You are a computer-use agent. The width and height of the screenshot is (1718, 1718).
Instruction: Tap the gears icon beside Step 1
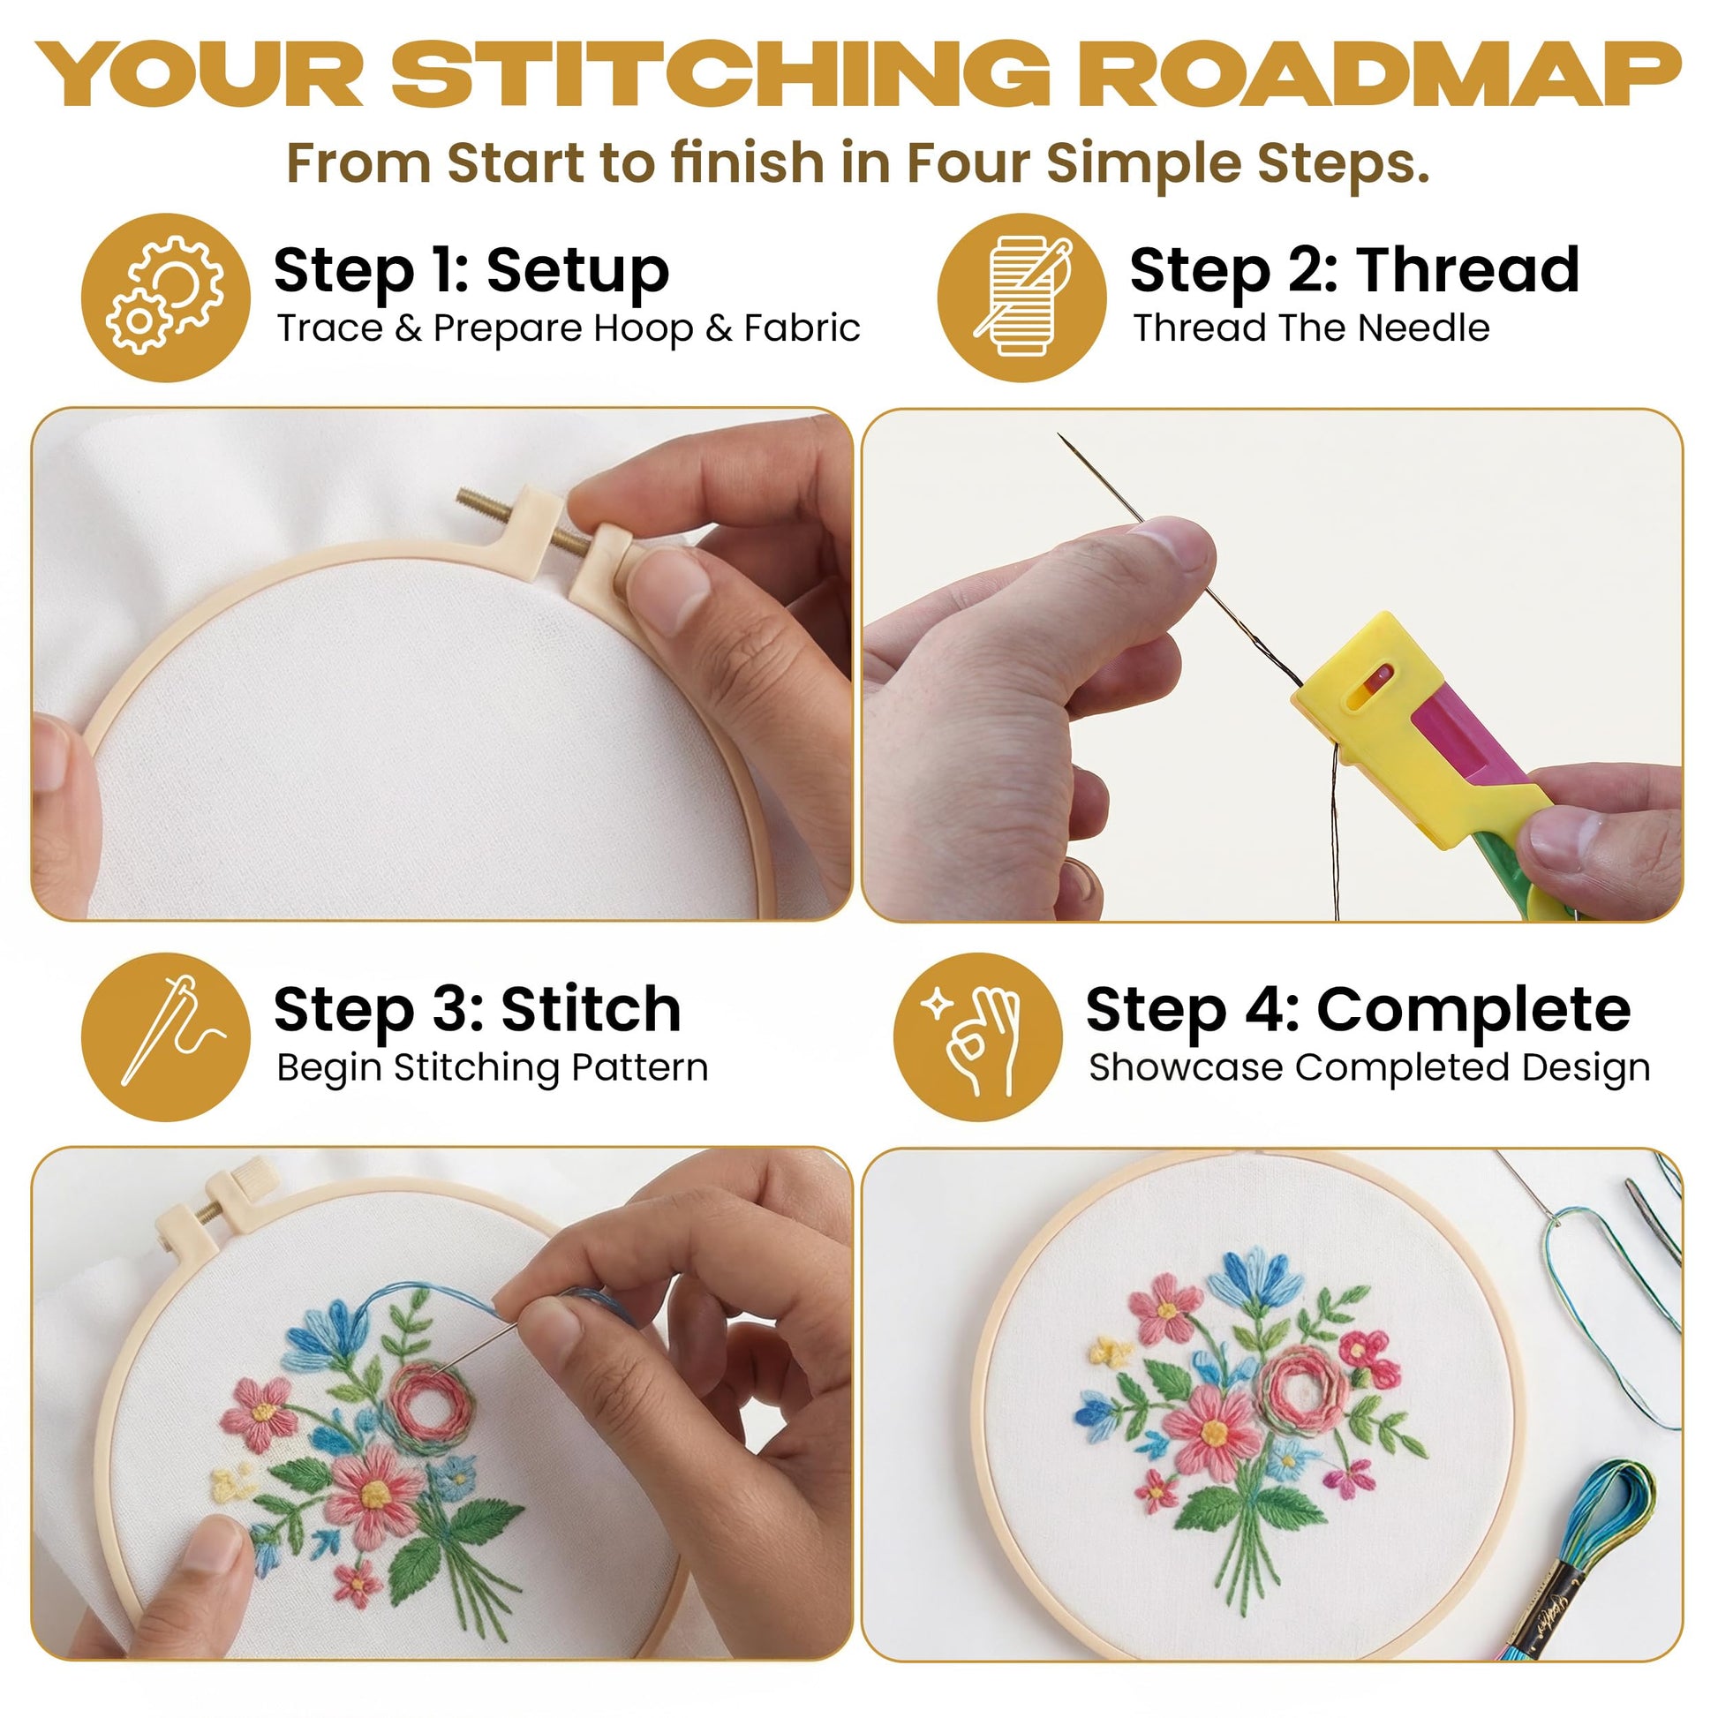165,297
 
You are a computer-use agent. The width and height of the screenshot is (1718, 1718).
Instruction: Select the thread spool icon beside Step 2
1022,297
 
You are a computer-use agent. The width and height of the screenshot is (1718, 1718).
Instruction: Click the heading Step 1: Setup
471,269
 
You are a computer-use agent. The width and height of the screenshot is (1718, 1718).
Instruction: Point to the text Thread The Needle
1311,328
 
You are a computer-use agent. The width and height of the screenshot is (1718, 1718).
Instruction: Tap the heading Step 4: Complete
1359,1010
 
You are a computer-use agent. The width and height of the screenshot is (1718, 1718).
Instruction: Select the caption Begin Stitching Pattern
492,1068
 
